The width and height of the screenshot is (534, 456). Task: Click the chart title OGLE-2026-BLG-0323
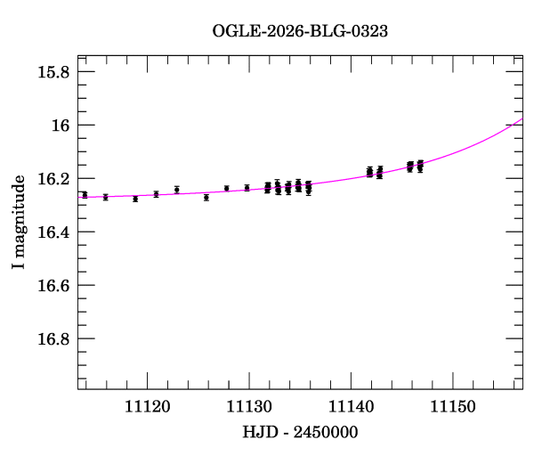pyautogui.click(x=300, y=30)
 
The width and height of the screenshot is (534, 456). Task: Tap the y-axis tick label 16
pyautogui.click(x=61, y=126)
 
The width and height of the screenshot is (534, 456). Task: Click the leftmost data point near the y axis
pyautogui.click(x=85, y=194)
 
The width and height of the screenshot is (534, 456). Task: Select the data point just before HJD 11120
pyautogui.click(x=135, y=199)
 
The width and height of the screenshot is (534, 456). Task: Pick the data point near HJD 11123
pyautogui.click(x=176, y=189)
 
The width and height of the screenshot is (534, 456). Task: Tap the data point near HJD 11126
pyautogui.click(x=206, y=197)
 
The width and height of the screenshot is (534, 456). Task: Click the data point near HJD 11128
pyautogui.click(x=226, y=188)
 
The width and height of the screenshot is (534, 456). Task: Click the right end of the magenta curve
pyautogui.click(x=522, y=118)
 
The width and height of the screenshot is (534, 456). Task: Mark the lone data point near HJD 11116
pyautogui.click(x=105, y=197)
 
